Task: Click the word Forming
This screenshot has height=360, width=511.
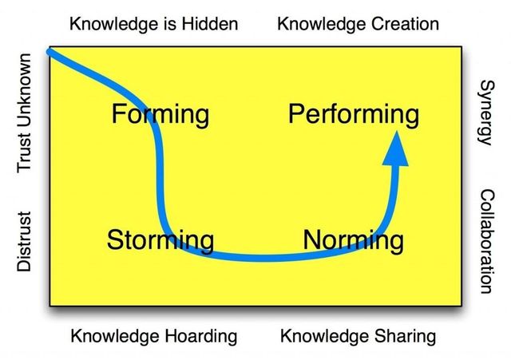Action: (x=160, y=115)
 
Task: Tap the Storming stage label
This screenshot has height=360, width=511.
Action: (x=160, y=240)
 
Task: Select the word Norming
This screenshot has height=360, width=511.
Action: (x=353, y=240)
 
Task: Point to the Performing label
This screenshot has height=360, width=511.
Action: (x=354, y=115)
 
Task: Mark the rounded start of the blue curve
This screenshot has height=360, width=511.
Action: (x=50, y=51)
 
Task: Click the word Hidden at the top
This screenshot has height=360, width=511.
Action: (x=209, y=24)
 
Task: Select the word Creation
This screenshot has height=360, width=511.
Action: (x=405, y=24)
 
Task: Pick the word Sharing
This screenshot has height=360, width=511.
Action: (x=405, y=336)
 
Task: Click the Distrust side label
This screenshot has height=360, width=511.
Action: (x=25, y=241)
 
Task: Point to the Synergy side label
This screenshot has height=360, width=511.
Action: (x=487, y=113)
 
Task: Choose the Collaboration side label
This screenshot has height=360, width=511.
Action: (x=487, y=241)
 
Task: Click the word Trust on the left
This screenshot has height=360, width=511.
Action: (x=25, y=152)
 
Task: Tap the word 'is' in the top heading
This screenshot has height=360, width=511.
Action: (x=170, y=24)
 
